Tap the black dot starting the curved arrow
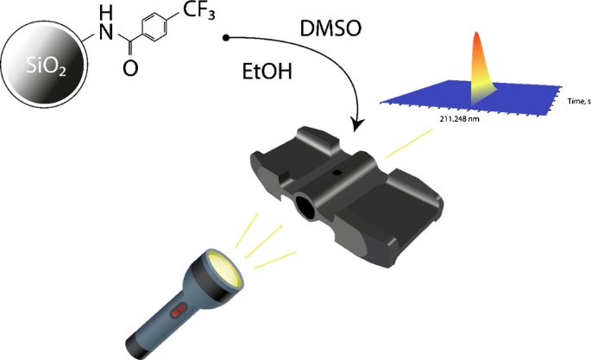(x=226, y=38)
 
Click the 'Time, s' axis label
(x=577, y=102)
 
